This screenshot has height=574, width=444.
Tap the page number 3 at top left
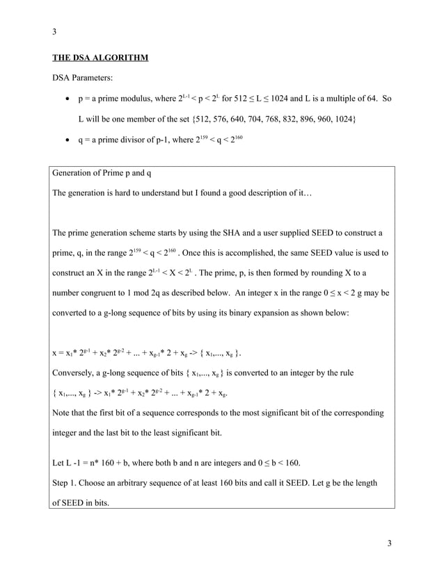pyautogui.click(x=54, y=31)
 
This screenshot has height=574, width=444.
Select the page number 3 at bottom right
pyautogui.click(x=390, y=542)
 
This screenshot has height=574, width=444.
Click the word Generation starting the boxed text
pyautogui.click(x=76, y=172)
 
